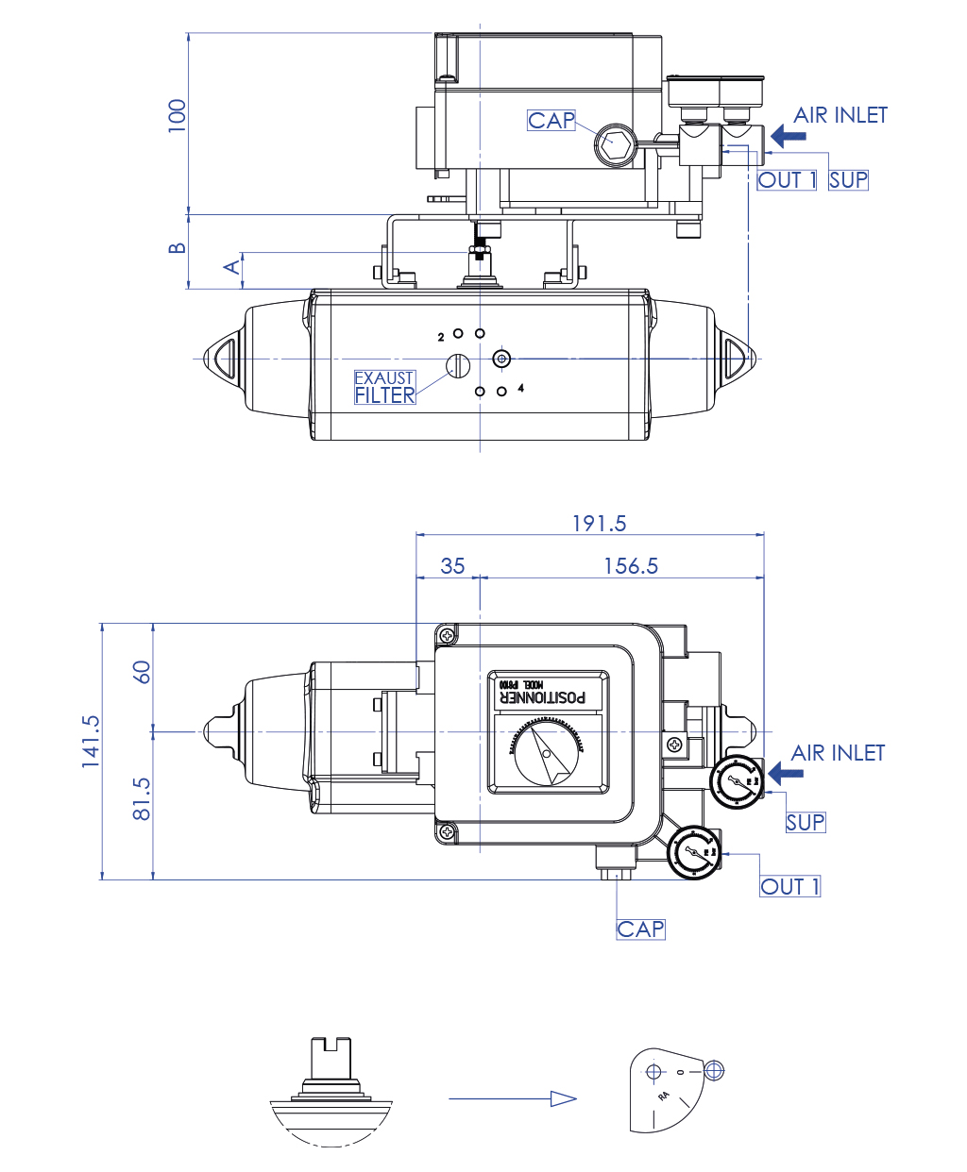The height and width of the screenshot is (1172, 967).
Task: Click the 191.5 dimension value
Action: coord(599,524)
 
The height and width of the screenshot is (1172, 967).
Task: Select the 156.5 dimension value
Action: coord(631,566)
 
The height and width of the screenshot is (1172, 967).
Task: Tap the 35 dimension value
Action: coord(452,566)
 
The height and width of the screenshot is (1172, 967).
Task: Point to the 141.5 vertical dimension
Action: coord(91,741)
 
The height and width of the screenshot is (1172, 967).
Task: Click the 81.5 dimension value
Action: coord(142,798)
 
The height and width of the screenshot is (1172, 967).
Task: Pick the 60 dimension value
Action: coord(142,672)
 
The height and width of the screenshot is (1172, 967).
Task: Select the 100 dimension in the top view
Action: coord(177,115)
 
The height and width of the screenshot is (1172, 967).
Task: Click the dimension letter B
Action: coord(177,248)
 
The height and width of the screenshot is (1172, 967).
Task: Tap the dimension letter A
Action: coord(231,267)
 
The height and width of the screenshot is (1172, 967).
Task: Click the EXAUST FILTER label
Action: coord(384,387)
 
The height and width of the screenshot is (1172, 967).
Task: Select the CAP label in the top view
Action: coord(551,121)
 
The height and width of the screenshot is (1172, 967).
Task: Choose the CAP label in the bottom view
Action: coord(641,929)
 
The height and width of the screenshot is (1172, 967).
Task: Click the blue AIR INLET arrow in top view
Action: coord(788,136)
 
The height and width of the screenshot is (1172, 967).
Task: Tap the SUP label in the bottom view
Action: coord(806,822)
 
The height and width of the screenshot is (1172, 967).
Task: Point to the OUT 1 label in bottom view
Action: coord(790,886)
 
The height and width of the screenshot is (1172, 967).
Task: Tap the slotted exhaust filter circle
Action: coord(458,365)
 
